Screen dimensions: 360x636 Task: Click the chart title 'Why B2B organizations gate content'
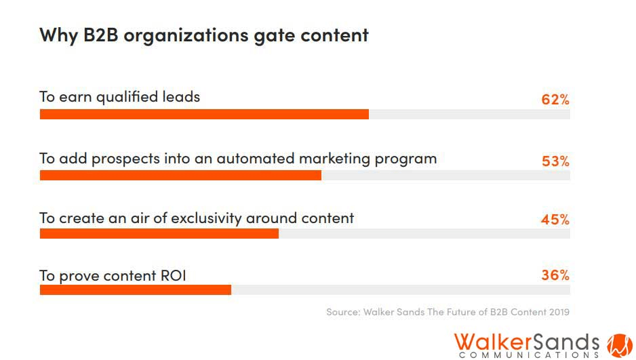[203, 35]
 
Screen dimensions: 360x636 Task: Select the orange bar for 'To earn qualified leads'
[204, 114]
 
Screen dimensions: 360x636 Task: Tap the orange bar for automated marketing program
[180, 175]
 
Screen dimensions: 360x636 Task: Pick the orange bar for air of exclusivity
[159, 233]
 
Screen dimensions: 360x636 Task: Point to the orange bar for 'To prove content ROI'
[136, 289]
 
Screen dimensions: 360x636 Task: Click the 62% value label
[555, 100]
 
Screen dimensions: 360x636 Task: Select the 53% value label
[555, 161]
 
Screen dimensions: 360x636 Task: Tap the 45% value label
[555, 220]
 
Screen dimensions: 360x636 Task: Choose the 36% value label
[555, 275]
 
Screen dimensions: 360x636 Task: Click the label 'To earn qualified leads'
[120, 97]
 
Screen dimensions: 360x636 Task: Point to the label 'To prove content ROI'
[113, 276]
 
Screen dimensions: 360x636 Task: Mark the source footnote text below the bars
[448, 313]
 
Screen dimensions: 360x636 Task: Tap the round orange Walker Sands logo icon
[619, 344]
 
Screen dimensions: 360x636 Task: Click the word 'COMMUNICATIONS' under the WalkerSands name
[529, 354]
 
